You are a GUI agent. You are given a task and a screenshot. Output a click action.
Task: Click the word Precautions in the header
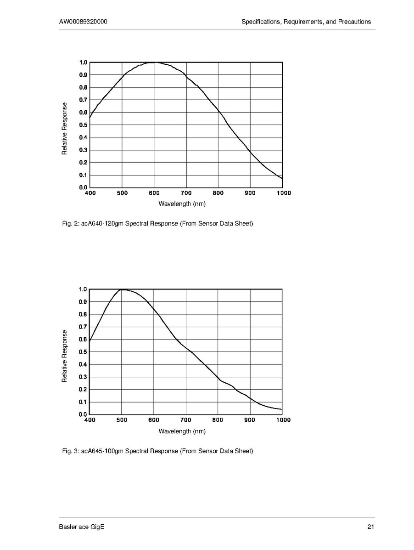pyautogui.click(x=353, y=22)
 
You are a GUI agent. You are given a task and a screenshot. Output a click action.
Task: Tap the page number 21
pyautogui.click(x=371, y=527)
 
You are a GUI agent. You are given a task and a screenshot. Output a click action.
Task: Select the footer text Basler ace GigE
pyautogui.click(x=82, y=527)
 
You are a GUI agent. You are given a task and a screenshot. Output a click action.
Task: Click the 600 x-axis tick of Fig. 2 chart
pyautogui.click(x=154, y=193)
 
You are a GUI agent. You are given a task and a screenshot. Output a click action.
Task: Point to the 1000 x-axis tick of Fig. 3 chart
pyautogui.click(x=283, y=420)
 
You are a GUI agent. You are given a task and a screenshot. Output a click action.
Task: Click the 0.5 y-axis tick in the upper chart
pyautogui.click(x=84, y=125)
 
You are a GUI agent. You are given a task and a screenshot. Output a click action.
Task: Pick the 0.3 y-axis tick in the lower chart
pyautogui.click(x=84, y=377)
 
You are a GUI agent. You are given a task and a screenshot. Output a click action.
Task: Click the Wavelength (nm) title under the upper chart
pyautogui.click(x=182, y=204)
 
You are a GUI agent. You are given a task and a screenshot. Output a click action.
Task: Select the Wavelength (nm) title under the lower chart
pyautogui.click(x=182, y=431)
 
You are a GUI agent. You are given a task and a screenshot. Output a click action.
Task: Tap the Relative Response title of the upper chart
pyautogui.click(x=65, y=128)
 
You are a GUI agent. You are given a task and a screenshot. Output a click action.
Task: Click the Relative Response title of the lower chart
pyautogui.click(x=65, y=356)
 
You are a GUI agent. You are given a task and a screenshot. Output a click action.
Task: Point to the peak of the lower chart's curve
pyautogui.click(x=123, y=289)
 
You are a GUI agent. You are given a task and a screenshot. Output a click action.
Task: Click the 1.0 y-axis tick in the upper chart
pyautogui.click(x=84, y=62)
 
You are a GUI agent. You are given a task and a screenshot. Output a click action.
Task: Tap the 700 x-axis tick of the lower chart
pyautogui.click(x=186, y=420)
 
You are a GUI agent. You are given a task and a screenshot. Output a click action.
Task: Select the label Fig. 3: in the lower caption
pyautogui.click(x=70, y=451)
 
